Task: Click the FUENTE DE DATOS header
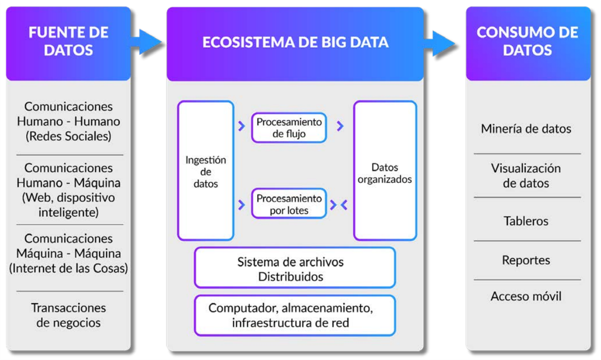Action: (x=68, y=41)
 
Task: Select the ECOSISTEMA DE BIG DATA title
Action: (x=295, y=42)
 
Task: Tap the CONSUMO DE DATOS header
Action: (x=527, y=41)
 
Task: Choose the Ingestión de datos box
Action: (x=206, y=171)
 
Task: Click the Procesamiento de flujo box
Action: (x=289, y=127)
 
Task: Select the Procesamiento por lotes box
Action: (x=289, y=204)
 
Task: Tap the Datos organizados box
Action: (x=384, y=173)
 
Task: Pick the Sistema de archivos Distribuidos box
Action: (x=295, y=269)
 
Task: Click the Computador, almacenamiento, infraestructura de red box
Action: (x=295, y=315)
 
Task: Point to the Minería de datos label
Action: (x=526, y=129)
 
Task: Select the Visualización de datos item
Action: (x=526, y=176)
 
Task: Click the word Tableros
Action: (x=526, y=221)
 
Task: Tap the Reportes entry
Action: (x=526, y=260)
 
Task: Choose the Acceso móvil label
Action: (x=526, y=296)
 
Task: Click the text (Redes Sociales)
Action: (x=69, y=136)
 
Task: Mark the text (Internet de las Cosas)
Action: (x=69, y=268)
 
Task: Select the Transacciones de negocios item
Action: (x=69, y=315)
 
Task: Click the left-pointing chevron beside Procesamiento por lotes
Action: (x=344, y=205)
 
